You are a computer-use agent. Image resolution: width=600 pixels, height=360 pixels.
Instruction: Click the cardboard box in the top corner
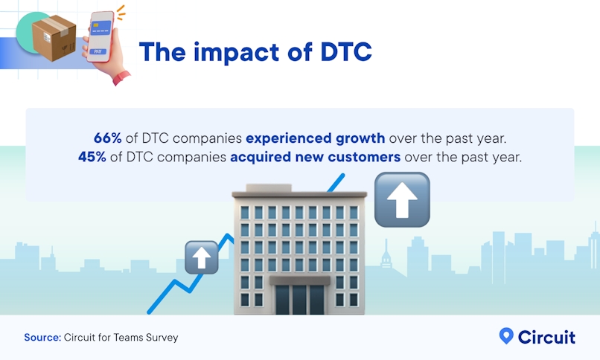click(x=54, y=37)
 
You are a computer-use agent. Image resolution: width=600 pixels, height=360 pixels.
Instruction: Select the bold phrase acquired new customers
click(x=315, y=157)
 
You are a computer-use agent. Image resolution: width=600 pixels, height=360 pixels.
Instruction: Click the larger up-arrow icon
click(x=402, y=199)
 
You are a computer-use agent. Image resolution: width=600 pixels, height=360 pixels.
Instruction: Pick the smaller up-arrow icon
click(x=201, y=257)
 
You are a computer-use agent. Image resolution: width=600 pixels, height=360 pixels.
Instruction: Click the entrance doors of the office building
click(x=301, y=299)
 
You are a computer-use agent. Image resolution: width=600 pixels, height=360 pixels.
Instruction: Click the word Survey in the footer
click(x=162, y=338)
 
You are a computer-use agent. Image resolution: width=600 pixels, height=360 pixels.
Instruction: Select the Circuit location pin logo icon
click(x=506, y=336)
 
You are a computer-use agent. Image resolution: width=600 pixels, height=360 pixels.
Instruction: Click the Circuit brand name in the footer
click(x=546, y=337)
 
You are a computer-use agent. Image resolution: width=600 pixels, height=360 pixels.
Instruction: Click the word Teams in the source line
click(x=129, y=338)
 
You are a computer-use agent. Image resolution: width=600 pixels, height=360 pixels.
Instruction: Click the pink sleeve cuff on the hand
click(x=119, y=77)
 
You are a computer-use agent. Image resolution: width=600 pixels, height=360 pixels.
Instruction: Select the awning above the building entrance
click(x=301, y=280)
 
